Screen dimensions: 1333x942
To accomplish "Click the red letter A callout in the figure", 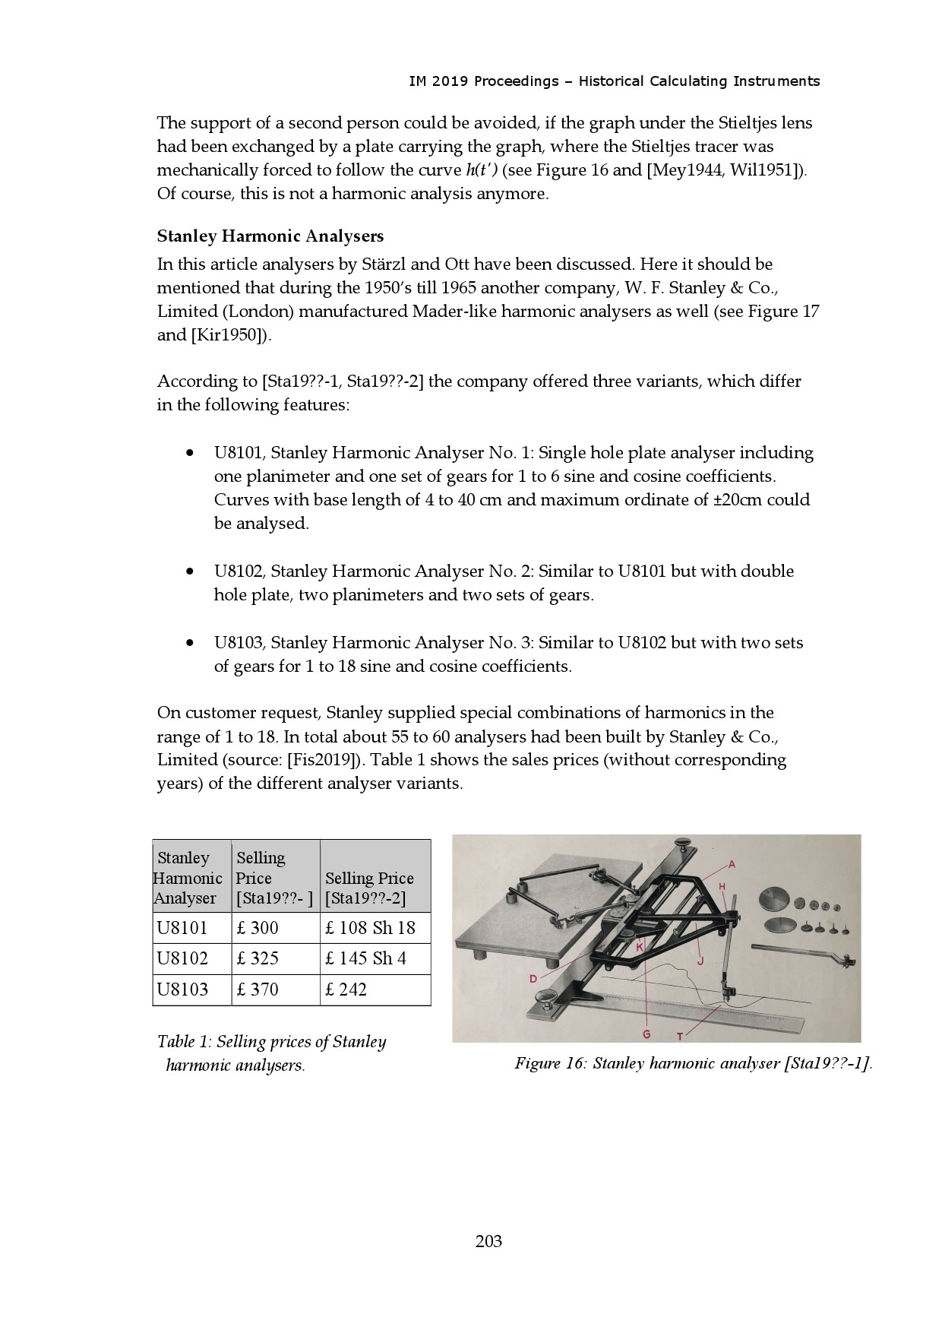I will (x=732, y=864).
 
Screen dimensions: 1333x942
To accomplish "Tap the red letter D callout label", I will (x=533, y=979).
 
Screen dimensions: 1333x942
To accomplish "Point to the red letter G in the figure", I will (x=646, y=1034).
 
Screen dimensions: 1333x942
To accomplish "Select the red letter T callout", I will (x=680, y=1036).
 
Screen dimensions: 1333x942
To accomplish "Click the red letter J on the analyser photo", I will (x=700, y=961).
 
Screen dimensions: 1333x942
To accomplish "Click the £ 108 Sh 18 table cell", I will (x=371, y=928).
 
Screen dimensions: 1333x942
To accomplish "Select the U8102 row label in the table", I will (x=182, y=958).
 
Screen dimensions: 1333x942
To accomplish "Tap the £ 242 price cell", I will (x=346, y=989).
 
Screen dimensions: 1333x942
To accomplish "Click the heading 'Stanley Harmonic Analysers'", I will (x=270, y=236).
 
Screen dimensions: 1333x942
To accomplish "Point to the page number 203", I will (x=488, y=1241).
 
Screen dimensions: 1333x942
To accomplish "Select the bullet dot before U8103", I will (x=188, y=643).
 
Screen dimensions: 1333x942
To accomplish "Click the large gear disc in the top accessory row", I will (x=774, y=898).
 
